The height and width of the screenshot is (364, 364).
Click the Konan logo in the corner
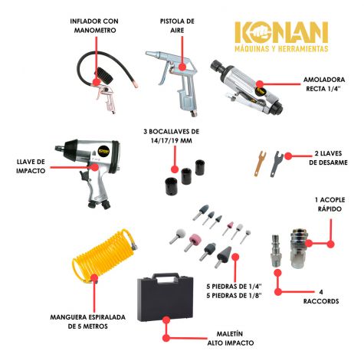click(281, 37)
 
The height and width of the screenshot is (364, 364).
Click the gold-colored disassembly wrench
click(259, 163)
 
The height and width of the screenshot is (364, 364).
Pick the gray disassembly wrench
click(276, 164)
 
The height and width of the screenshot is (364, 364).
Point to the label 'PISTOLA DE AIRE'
click(177, 25)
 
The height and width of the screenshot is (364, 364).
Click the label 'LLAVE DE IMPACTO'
click(31, 166)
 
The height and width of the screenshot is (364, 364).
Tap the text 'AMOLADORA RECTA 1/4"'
click(324, 84)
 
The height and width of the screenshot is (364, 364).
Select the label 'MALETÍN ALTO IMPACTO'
click(231, 338)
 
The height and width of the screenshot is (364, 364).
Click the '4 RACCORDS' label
click(321, 297)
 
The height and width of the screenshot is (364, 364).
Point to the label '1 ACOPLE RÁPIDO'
click(330, 204)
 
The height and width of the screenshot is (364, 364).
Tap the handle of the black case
click(166, 277)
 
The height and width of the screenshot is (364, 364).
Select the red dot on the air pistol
click(182, 67)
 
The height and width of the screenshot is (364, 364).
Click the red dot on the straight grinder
click(260, 84)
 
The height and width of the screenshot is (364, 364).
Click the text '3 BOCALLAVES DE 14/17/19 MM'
click(172, 136)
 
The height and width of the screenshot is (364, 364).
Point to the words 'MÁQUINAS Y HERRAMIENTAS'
click(281, 48)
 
